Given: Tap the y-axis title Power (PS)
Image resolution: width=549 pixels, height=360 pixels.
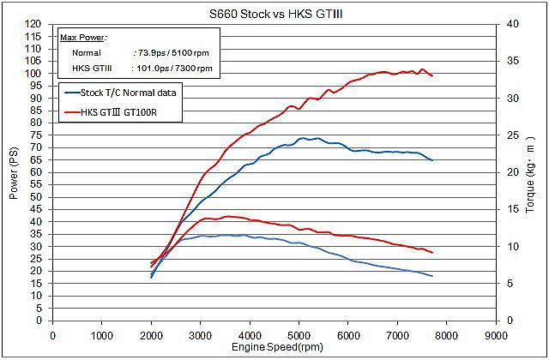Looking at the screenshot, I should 14,172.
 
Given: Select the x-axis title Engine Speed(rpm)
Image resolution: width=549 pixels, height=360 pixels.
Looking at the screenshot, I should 275,347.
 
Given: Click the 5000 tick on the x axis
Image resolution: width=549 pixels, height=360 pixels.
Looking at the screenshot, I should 299,335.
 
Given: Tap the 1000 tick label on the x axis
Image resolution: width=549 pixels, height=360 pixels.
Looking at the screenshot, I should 102,335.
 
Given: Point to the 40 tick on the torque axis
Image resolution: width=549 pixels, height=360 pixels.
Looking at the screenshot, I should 511,25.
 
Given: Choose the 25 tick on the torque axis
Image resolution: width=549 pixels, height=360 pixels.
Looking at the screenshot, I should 511,135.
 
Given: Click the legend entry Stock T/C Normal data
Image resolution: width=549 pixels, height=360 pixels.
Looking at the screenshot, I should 134,93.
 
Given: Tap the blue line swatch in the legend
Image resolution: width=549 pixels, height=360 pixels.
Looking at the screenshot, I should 69,93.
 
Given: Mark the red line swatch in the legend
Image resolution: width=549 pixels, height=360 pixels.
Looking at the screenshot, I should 69,111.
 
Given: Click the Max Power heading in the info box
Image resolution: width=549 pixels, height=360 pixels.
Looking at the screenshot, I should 78,39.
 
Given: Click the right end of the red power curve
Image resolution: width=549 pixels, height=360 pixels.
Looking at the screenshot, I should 431,76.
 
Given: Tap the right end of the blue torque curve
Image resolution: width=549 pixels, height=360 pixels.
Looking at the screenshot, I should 431,276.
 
